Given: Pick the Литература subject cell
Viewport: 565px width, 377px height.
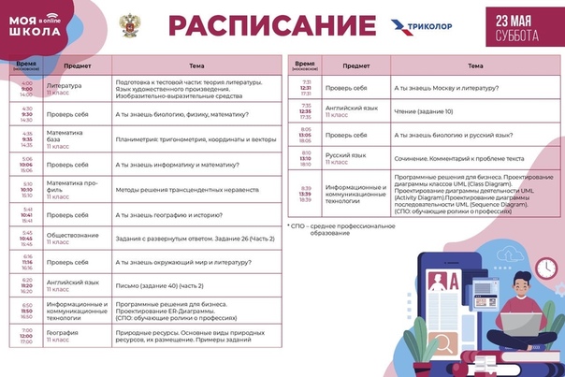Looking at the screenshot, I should [x=65, y=89].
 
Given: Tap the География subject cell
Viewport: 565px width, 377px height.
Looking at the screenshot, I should [x=63, y=335].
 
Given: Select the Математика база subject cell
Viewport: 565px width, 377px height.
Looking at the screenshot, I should [x=65, y=138].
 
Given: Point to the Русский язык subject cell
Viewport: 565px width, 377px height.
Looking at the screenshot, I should [x=345, y=156].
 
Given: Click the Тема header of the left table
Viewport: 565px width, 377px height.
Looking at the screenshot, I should [x=196, y=65].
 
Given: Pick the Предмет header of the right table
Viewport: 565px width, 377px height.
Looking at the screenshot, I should [x=355, y=65].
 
